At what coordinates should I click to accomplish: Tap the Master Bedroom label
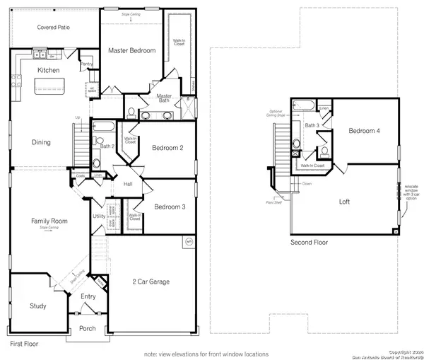(131, 51)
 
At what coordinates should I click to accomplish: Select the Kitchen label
(48, 71)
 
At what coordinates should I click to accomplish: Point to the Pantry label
(87, 64)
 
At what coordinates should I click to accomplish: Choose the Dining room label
(41, 142)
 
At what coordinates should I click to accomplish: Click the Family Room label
(49, 221)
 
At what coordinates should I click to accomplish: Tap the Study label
(37, 306)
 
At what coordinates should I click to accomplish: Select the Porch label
(87, 328)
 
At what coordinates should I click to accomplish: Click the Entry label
(88, 296)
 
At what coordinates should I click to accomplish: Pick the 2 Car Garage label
(150, 282)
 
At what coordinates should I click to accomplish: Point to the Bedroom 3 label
(170, 207)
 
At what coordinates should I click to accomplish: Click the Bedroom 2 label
(167, 148)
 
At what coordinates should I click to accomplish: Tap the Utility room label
(98, 216)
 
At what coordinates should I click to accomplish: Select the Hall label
(128, 184)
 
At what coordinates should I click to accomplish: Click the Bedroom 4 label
(364, 132)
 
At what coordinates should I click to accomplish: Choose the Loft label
(344, 202)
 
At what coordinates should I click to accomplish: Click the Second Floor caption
(309, 243)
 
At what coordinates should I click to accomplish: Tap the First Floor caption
(24, 344)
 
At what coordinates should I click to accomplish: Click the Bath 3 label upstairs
(312, 126)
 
